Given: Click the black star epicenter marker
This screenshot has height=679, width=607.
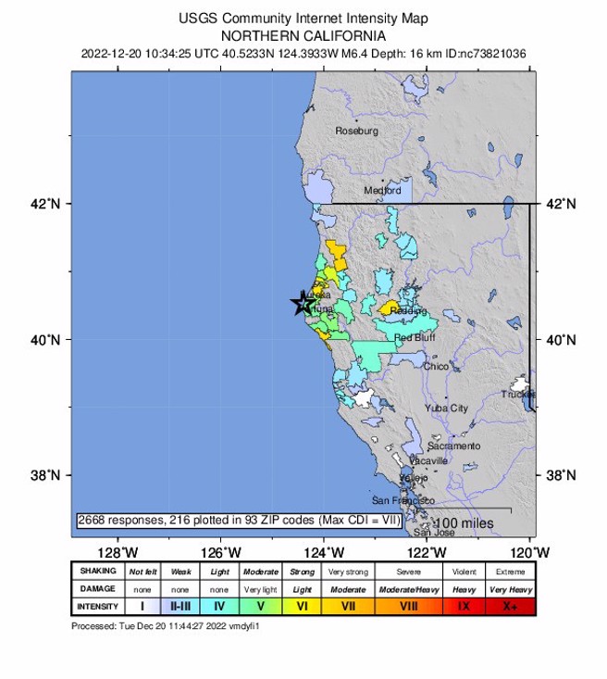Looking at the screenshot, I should coord(303,304).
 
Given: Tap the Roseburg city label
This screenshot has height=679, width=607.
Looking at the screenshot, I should coord(356,131).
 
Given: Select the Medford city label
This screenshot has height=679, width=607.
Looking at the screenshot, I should coord(382,190).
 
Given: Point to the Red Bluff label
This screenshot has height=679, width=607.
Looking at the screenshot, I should coord(415,338).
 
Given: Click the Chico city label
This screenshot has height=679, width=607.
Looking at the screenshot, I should coord(436,367).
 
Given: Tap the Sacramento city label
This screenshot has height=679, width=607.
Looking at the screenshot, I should coord(453,446).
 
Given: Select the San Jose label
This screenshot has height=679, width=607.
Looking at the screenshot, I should coord(433,532).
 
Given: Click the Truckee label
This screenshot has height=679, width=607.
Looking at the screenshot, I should coord(517,394).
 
